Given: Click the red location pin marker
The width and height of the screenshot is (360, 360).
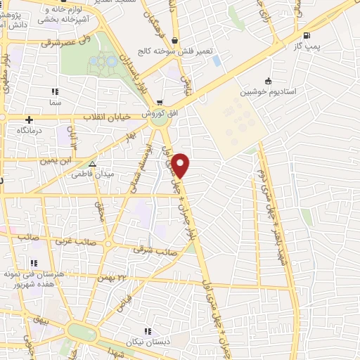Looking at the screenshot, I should click(x=181, y=165).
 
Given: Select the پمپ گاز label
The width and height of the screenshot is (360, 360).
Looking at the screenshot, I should click(x=307, y=46).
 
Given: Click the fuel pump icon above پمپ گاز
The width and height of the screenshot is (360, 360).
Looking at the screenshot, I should click(x=306, y=35).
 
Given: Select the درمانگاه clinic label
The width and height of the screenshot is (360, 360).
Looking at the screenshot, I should click(x=30, y=131).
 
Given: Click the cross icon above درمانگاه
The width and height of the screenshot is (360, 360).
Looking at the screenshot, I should click(x=30, y=120).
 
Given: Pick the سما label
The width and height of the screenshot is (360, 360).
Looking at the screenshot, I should click(x=55, y=103).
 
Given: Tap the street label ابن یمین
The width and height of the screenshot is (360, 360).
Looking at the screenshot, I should click(x=56, y=160).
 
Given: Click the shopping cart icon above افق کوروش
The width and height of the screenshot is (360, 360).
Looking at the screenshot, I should click(x=160, y=103).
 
